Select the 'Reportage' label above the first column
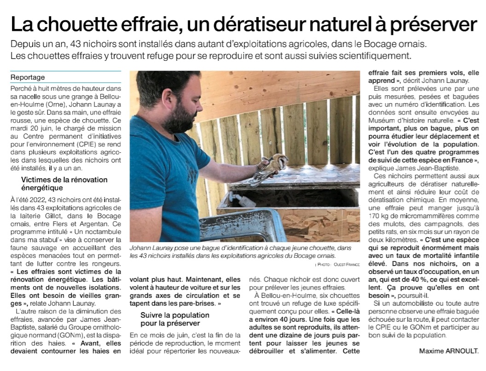pyautogui.click(x=28, y=77)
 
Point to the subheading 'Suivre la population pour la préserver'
pyautogui.click(x=174, y=319)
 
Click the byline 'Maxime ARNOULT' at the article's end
pyautogui.click(x=449, y=351)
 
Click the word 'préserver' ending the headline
pyautogui.click(x=428, y=24)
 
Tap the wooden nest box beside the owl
pyautogui.click(x=295, y=203)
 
